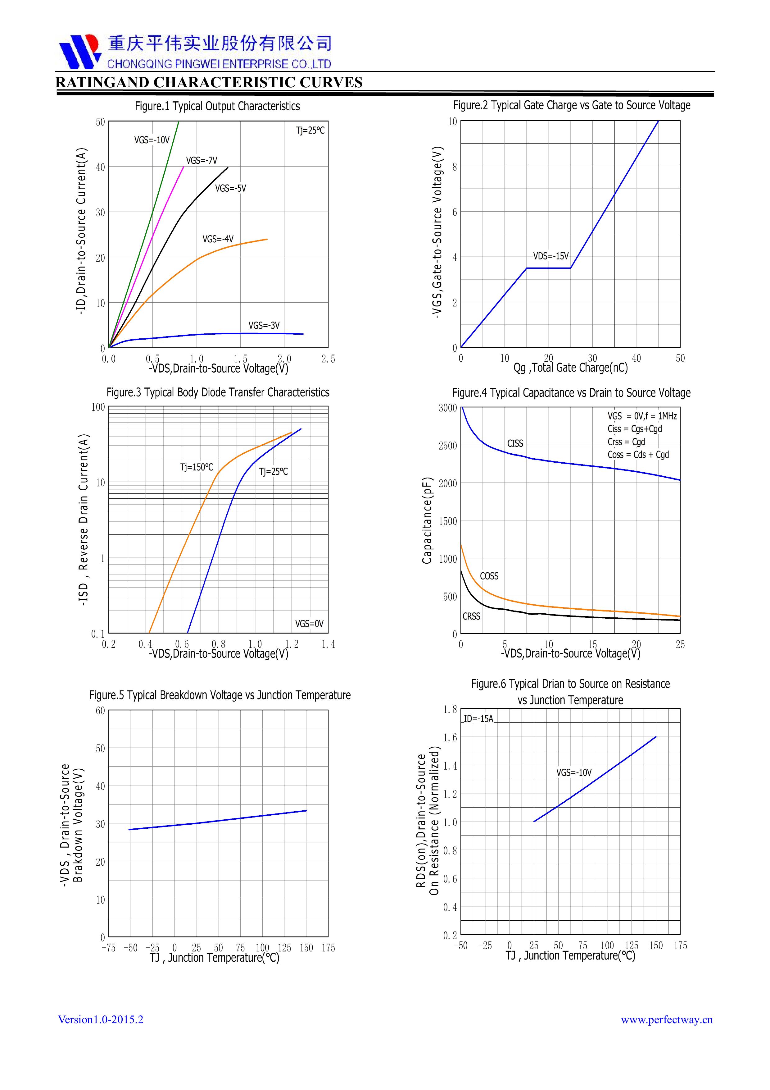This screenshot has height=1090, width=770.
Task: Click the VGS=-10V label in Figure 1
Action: click(152, 140)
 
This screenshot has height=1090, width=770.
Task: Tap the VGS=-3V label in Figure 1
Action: click(264, 326)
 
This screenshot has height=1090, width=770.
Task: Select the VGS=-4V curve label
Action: click(218, 239)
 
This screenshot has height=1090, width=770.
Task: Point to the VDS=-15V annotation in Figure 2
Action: click(550, 256)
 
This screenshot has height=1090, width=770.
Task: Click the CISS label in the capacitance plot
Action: click(515, 443)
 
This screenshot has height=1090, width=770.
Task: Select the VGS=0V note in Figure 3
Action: click(309, 624)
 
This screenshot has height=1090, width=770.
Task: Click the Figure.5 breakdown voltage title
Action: click(220, 695)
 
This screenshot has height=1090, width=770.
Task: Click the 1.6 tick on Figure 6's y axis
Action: click(450, 738)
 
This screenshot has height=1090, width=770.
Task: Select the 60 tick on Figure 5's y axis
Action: click(100, 711)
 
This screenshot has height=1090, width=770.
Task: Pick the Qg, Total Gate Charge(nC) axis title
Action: click(570, 368)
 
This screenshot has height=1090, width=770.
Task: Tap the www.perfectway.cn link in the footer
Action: click(667, 1020)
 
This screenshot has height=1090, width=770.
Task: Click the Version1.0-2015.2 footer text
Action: click(101, 1020)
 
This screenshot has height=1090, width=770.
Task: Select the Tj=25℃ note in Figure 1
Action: click(310, 131)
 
